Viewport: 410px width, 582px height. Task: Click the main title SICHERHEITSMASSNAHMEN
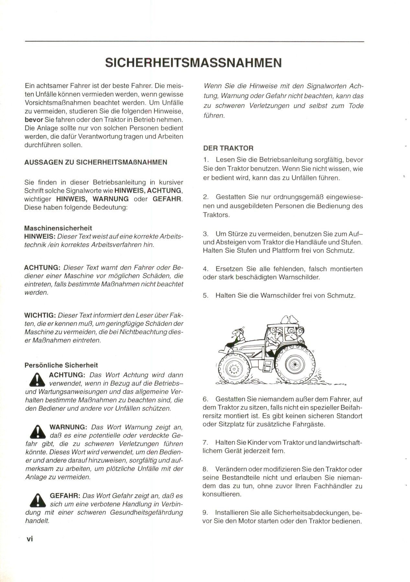193,63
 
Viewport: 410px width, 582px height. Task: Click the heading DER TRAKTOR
228,148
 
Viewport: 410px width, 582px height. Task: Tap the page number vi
30,539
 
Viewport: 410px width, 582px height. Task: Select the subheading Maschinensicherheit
58,228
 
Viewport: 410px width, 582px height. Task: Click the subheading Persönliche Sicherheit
61,365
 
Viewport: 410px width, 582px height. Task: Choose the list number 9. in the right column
205,513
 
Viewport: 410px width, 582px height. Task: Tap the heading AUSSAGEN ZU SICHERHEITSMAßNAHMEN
96,162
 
